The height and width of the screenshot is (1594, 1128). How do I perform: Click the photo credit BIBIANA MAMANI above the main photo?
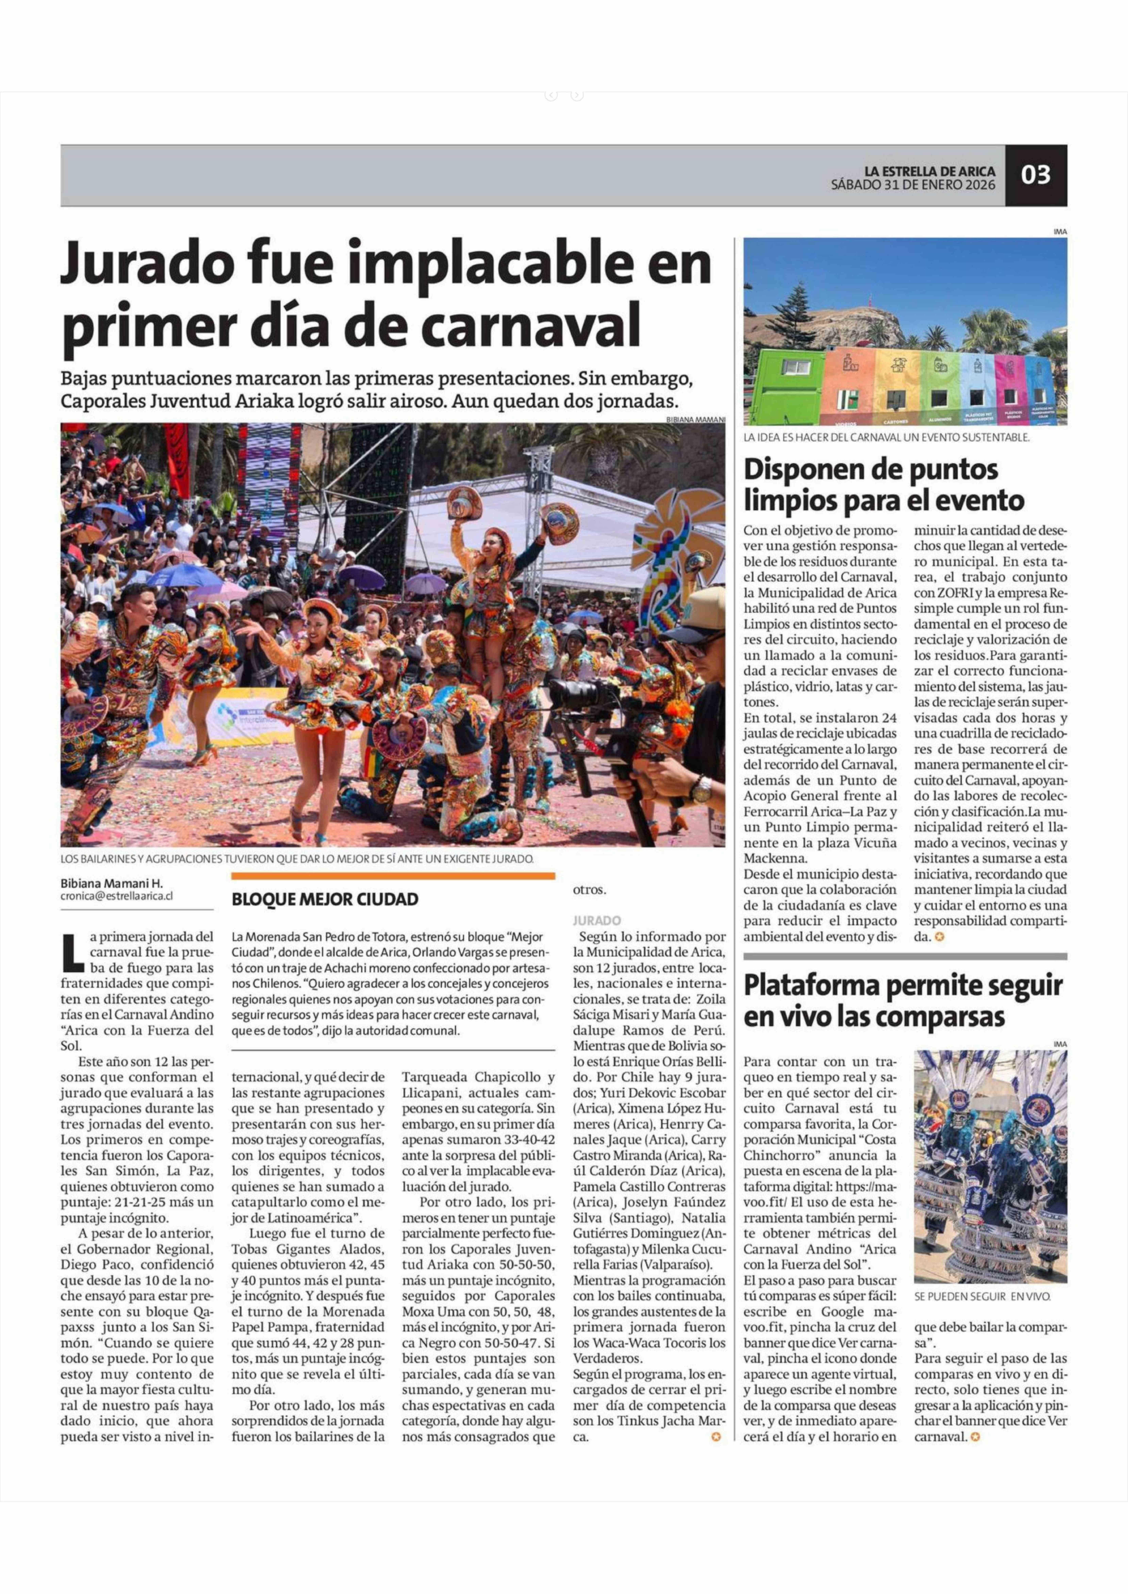[x=695, y=419]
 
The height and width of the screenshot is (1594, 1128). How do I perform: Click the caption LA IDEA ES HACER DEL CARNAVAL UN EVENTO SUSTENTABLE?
[x=886, y=437]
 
